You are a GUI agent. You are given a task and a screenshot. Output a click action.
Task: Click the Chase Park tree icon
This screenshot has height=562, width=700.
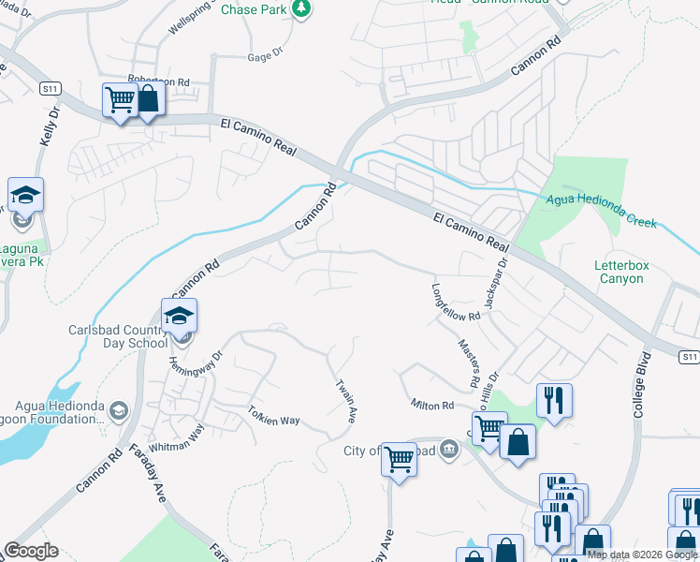[x=300, y=9]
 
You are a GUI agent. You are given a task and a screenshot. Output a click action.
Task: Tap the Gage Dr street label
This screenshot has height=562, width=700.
[x=264, y=57]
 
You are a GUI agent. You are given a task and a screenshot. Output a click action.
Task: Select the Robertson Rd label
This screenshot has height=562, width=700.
[x=158, y=81]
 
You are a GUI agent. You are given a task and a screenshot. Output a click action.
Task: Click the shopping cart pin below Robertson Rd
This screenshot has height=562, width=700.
[x=120, y=98]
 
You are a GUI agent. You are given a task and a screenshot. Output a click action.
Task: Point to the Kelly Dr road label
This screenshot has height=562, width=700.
[x=50, y=125]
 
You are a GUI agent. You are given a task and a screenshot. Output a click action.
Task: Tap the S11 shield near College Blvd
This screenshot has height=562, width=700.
[x=688, y=357]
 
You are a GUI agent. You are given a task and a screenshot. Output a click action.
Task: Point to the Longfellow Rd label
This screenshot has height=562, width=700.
[x=455, y=302]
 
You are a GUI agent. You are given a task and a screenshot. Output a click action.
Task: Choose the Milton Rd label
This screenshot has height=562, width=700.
[x=432, y=405]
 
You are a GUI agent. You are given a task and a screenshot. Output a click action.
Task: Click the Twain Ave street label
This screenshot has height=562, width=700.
[x=346, y=398]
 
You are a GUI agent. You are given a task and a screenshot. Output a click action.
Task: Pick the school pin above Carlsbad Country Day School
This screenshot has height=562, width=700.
[x=179, y=316]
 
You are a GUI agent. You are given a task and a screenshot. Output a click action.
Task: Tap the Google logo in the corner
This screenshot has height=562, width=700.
[x=31, y=551]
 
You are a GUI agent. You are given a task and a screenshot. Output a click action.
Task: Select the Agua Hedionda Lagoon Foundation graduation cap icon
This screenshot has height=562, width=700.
[x=118, y=410]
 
